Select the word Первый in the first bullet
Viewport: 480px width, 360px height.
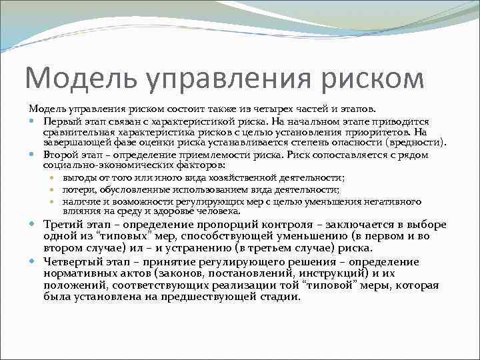[x=59, y=122]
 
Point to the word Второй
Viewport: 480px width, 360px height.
[x=59, y=155]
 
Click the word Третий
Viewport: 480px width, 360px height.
[x=61, y=224]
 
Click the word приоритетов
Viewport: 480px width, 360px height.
[x=372, y=132]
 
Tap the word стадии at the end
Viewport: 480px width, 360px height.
[x=283, y=297]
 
